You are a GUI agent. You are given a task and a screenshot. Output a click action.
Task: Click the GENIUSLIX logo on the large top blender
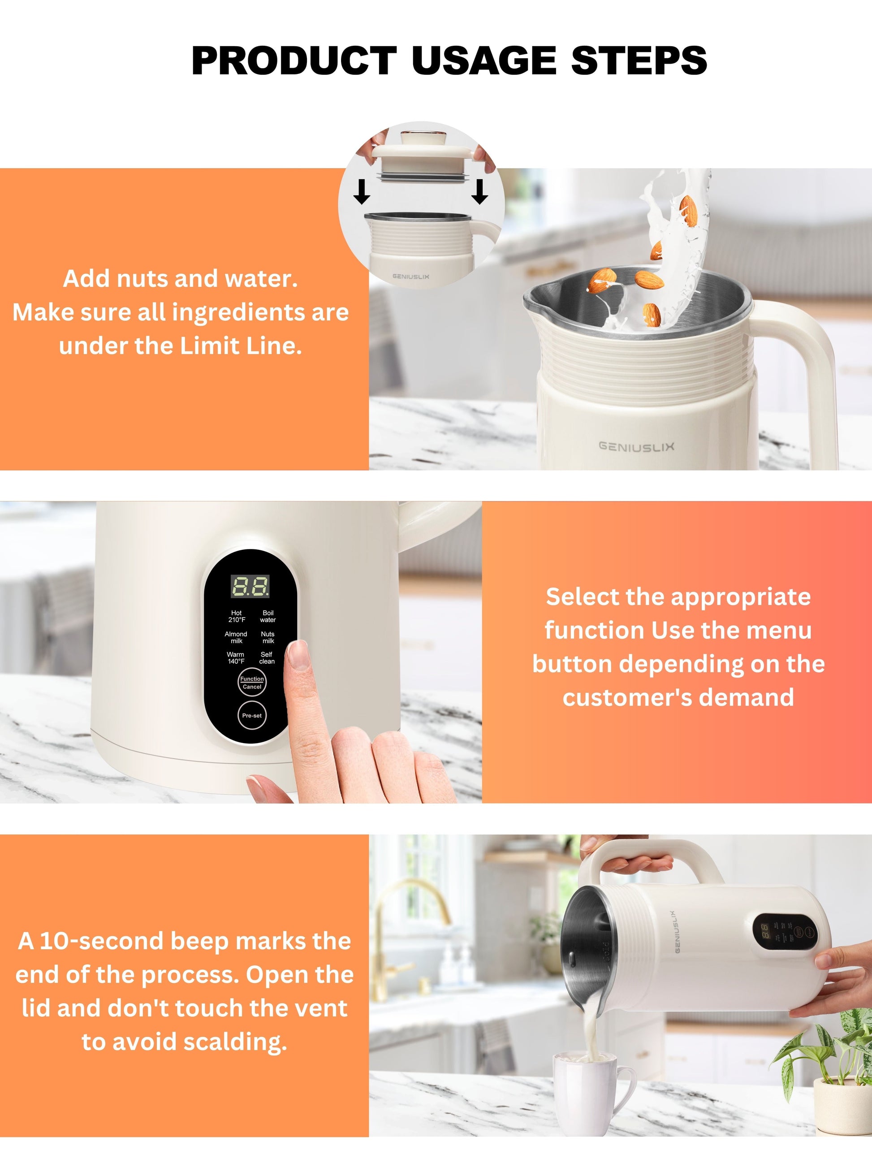tap(636, 446)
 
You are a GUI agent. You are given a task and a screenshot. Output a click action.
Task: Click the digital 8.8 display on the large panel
tap(250, 586)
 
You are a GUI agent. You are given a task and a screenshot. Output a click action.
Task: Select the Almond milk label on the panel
tap(236, 637)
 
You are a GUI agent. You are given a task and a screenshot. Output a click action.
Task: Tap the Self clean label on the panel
tap(267, 658)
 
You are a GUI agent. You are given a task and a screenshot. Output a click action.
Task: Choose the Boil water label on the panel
tap(268, 616)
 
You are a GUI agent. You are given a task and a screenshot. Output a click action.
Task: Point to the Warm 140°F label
tap(236, 658)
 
